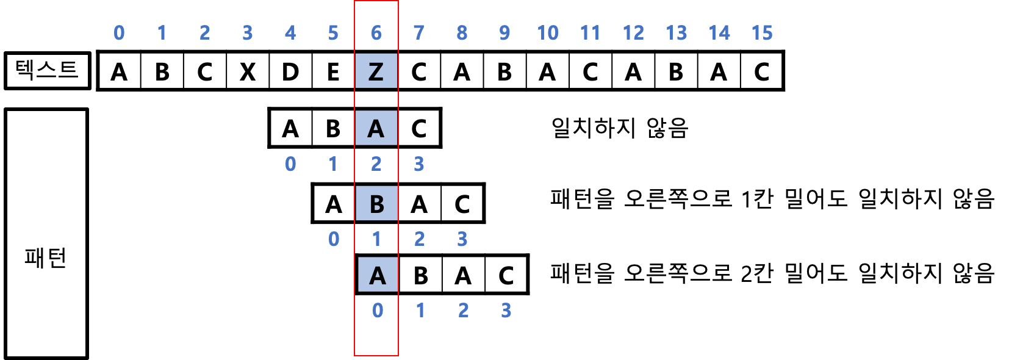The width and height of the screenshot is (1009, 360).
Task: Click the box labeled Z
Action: coord(376,71)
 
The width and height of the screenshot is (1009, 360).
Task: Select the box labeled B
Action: coord(376,203)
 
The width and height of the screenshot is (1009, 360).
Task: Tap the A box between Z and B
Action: coord(376,128)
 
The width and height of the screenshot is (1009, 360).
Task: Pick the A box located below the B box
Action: coord(378,275)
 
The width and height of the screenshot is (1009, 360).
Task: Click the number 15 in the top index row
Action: coord(762,33)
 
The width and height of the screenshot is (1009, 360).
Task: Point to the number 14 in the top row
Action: coord(719,33)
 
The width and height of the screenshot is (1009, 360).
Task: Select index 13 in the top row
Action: coord(676,33)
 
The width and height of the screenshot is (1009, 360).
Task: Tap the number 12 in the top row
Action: coord(633,33)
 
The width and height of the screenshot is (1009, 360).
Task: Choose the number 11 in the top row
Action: coord(590,33)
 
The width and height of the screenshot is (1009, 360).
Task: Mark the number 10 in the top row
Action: coord(547,33)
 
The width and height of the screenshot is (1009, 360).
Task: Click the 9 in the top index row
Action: coord(504,33)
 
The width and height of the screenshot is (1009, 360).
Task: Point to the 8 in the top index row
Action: coord(462,33)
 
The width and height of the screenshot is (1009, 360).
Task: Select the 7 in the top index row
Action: coord(418,33)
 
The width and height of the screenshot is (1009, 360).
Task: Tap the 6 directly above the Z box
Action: coord(376,33)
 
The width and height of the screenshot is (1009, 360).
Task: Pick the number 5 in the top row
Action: coord(333,33)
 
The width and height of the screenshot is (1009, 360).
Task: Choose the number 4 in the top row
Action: coord(290,33)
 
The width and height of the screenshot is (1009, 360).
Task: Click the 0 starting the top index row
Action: coord(119,33)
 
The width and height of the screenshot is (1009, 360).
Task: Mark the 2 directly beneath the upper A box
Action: coord(376,164)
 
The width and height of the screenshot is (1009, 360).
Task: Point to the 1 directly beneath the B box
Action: coord(376,239)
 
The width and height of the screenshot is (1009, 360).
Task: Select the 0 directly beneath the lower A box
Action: coord(378,311)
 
